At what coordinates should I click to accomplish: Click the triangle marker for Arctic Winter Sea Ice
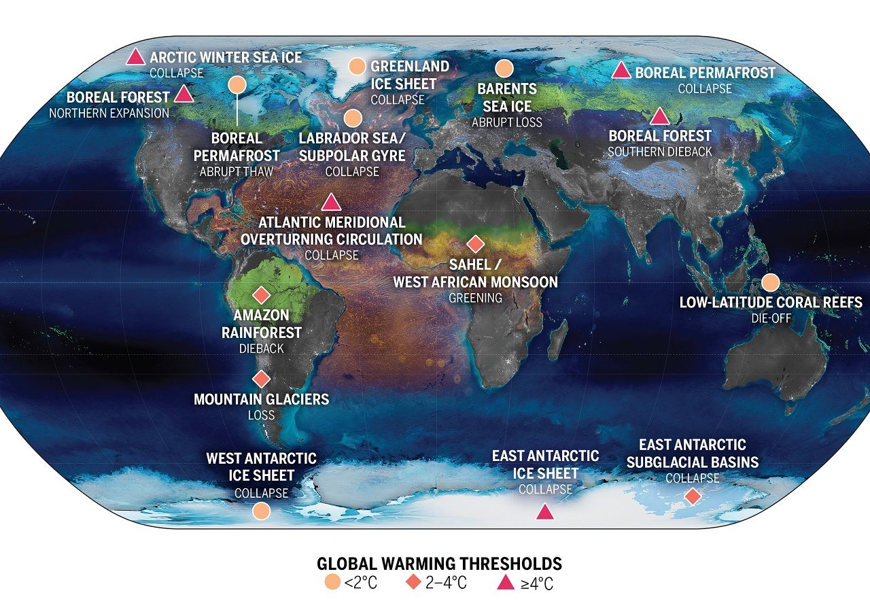pos(135,57)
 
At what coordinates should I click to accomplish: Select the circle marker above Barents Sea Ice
pos(504,69)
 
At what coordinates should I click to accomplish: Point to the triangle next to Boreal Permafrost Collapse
pos(621,71)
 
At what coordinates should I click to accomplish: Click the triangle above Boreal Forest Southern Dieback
pos(660,117)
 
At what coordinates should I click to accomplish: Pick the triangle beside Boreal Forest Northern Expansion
pos(184,95)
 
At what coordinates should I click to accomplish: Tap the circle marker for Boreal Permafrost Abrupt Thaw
pos(237,85)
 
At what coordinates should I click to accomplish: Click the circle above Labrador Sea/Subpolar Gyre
pos(352,118)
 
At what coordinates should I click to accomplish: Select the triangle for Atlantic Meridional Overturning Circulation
pos(331,203)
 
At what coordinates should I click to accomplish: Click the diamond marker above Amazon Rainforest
pos(261,295)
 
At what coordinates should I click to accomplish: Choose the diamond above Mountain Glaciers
pos(261,378)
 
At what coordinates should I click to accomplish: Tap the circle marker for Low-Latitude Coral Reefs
pos(770,282)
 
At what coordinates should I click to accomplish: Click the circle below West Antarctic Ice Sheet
pos(261,511)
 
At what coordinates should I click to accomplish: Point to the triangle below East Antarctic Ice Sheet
pos(544,512)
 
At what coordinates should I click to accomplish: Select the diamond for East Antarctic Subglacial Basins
pos(693,496)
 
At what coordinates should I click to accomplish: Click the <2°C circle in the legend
pos(333,583)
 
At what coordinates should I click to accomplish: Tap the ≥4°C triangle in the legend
pos(504,583)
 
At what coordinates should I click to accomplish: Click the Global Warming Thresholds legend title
pos(439,564)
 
